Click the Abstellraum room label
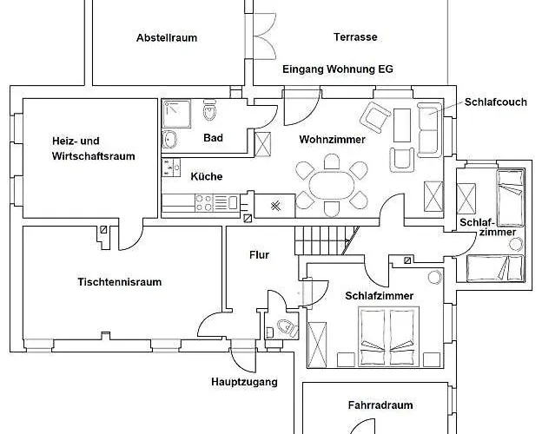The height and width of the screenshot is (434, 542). (x=167, y=37)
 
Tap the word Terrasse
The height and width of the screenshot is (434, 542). (x=355, y=37)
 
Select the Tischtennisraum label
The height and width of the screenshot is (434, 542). (x=120, y=282)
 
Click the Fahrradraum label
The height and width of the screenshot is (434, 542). (x=380, y=405)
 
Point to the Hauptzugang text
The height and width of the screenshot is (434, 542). (x=244, y=382)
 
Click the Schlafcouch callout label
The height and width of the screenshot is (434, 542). (x=496, y=102)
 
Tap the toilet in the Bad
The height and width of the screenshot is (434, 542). (x=209, y=110)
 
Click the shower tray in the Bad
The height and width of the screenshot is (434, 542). (x=176, y=114)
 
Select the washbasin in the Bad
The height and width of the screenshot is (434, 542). (x=169, y=140)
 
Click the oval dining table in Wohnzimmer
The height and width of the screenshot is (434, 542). (x=332, y=185)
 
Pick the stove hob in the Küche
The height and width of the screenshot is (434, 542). (x=204, y=203)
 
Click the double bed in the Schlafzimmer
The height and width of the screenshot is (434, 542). (x=388, y=337)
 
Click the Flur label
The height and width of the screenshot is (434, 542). (x=259, y=255)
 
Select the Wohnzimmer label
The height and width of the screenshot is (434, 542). (x=332, y=140)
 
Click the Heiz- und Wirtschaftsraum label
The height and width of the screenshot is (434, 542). (x=93, y=148)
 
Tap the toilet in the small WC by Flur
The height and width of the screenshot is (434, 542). (x=288, y=327)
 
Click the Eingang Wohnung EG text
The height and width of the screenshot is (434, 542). (x=338, y=69)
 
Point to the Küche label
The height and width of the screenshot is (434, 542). (x=207, y=176)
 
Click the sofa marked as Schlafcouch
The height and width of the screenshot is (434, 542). (x=430, y=130)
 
